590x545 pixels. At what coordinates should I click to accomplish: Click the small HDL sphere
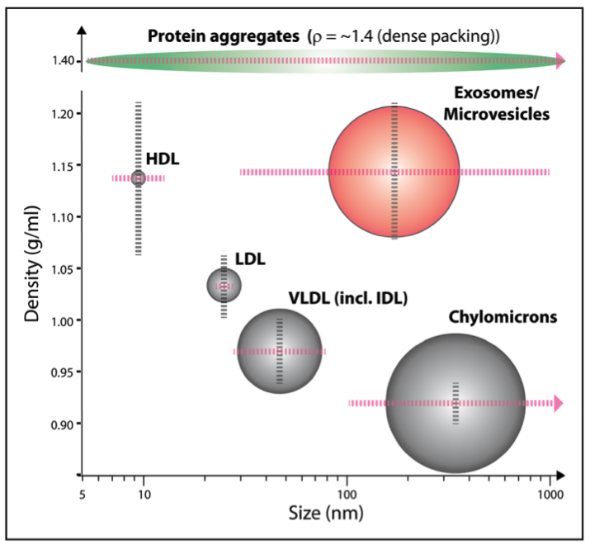tap(138, 178)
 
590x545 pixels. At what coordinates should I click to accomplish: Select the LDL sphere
tap(224, 286)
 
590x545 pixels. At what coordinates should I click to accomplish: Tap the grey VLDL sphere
tap(280, 351)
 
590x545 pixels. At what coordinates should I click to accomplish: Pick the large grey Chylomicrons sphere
tap(455, 403)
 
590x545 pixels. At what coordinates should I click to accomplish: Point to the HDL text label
tap(162, 158)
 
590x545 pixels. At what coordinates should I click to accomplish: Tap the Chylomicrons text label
tap(503, 316)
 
